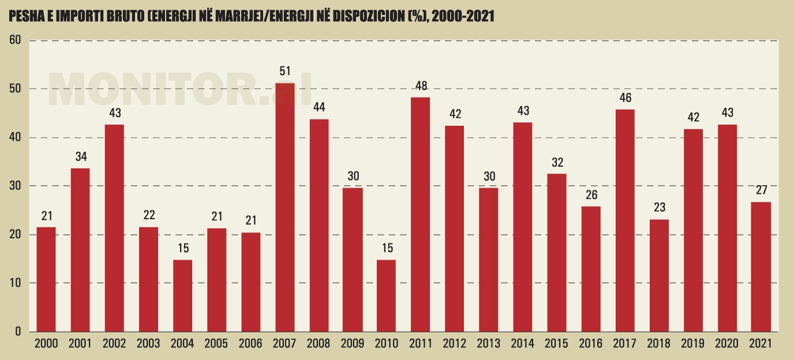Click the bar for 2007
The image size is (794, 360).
click(285, 208)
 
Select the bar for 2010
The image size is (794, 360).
click(387, 295)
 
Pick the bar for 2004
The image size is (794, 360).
click(182, 295)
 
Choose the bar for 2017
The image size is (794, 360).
click(625, 220)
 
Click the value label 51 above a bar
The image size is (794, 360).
click(285, 72)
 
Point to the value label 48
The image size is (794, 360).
click(421, 86)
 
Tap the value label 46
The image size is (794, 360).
click(625, 98)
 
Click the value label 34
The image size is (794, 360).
click(80, 157)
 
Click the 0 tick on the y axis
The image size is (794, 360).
click(18, 332)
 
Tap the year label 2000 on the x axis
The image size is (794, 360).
click(46, 344)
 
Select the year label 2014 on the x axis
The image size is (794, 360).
click(523, 344)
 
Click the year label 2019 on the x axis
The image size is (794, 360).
click(692, 344)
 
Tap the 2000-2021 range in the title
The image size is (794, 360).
click(462, 17)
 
